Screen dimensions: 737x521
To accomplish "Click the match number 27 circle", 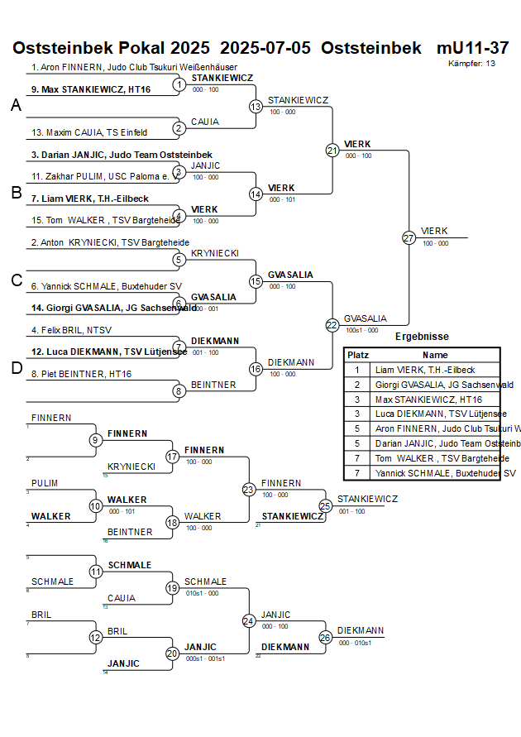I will click(409, 237).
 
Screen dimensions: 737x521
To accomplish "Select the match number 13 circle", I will click(256, 106).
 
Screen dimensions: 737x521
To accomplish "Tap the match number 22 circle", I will click(332, 325).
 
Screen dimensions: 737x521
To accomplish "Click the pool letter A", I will click(16, 106).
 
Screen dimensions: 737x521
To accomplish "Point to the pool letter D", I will click(16, 369).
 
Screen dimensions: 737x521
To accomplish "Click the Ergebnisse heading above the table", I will click(422, 337).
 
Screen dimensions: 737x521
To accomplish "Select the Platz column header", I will click(357, 354).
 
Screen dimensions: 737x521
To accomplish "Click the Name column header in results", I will click(435, 354).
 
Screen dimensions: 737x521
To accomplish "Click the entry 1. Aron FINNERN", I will click(134, 67).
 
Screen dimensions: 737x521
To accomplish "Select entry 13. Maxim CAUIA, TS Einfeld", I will click(89, 132).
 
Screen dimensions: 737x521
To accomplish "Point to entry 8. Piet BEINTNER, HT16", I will click(81, 374).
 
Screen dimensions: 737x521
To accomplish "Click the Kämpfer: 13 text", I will click(471, 64).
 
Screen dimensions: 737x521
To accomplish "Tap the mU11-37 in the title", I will click(472, 48).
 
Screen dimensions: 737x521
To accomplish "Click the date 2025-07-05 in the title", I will click(265, 48).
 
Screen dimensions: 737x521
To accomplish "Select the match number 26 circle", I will click(325, 637).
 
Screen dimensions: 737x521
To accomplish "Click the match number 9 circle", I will click(96, 439).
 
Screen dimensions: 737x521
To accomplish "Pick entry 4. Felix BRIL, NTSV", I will click(71, 330).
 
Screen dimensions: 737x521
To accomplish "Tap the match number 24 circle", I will click(248, 620).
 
